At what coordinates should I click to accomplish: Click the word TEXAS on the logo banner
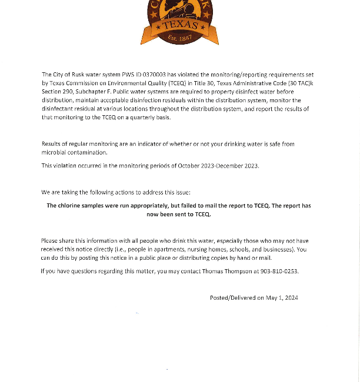click(x=179, y=25)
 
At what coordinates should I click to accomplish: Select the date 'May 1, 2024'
click(x=282, y=298)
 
